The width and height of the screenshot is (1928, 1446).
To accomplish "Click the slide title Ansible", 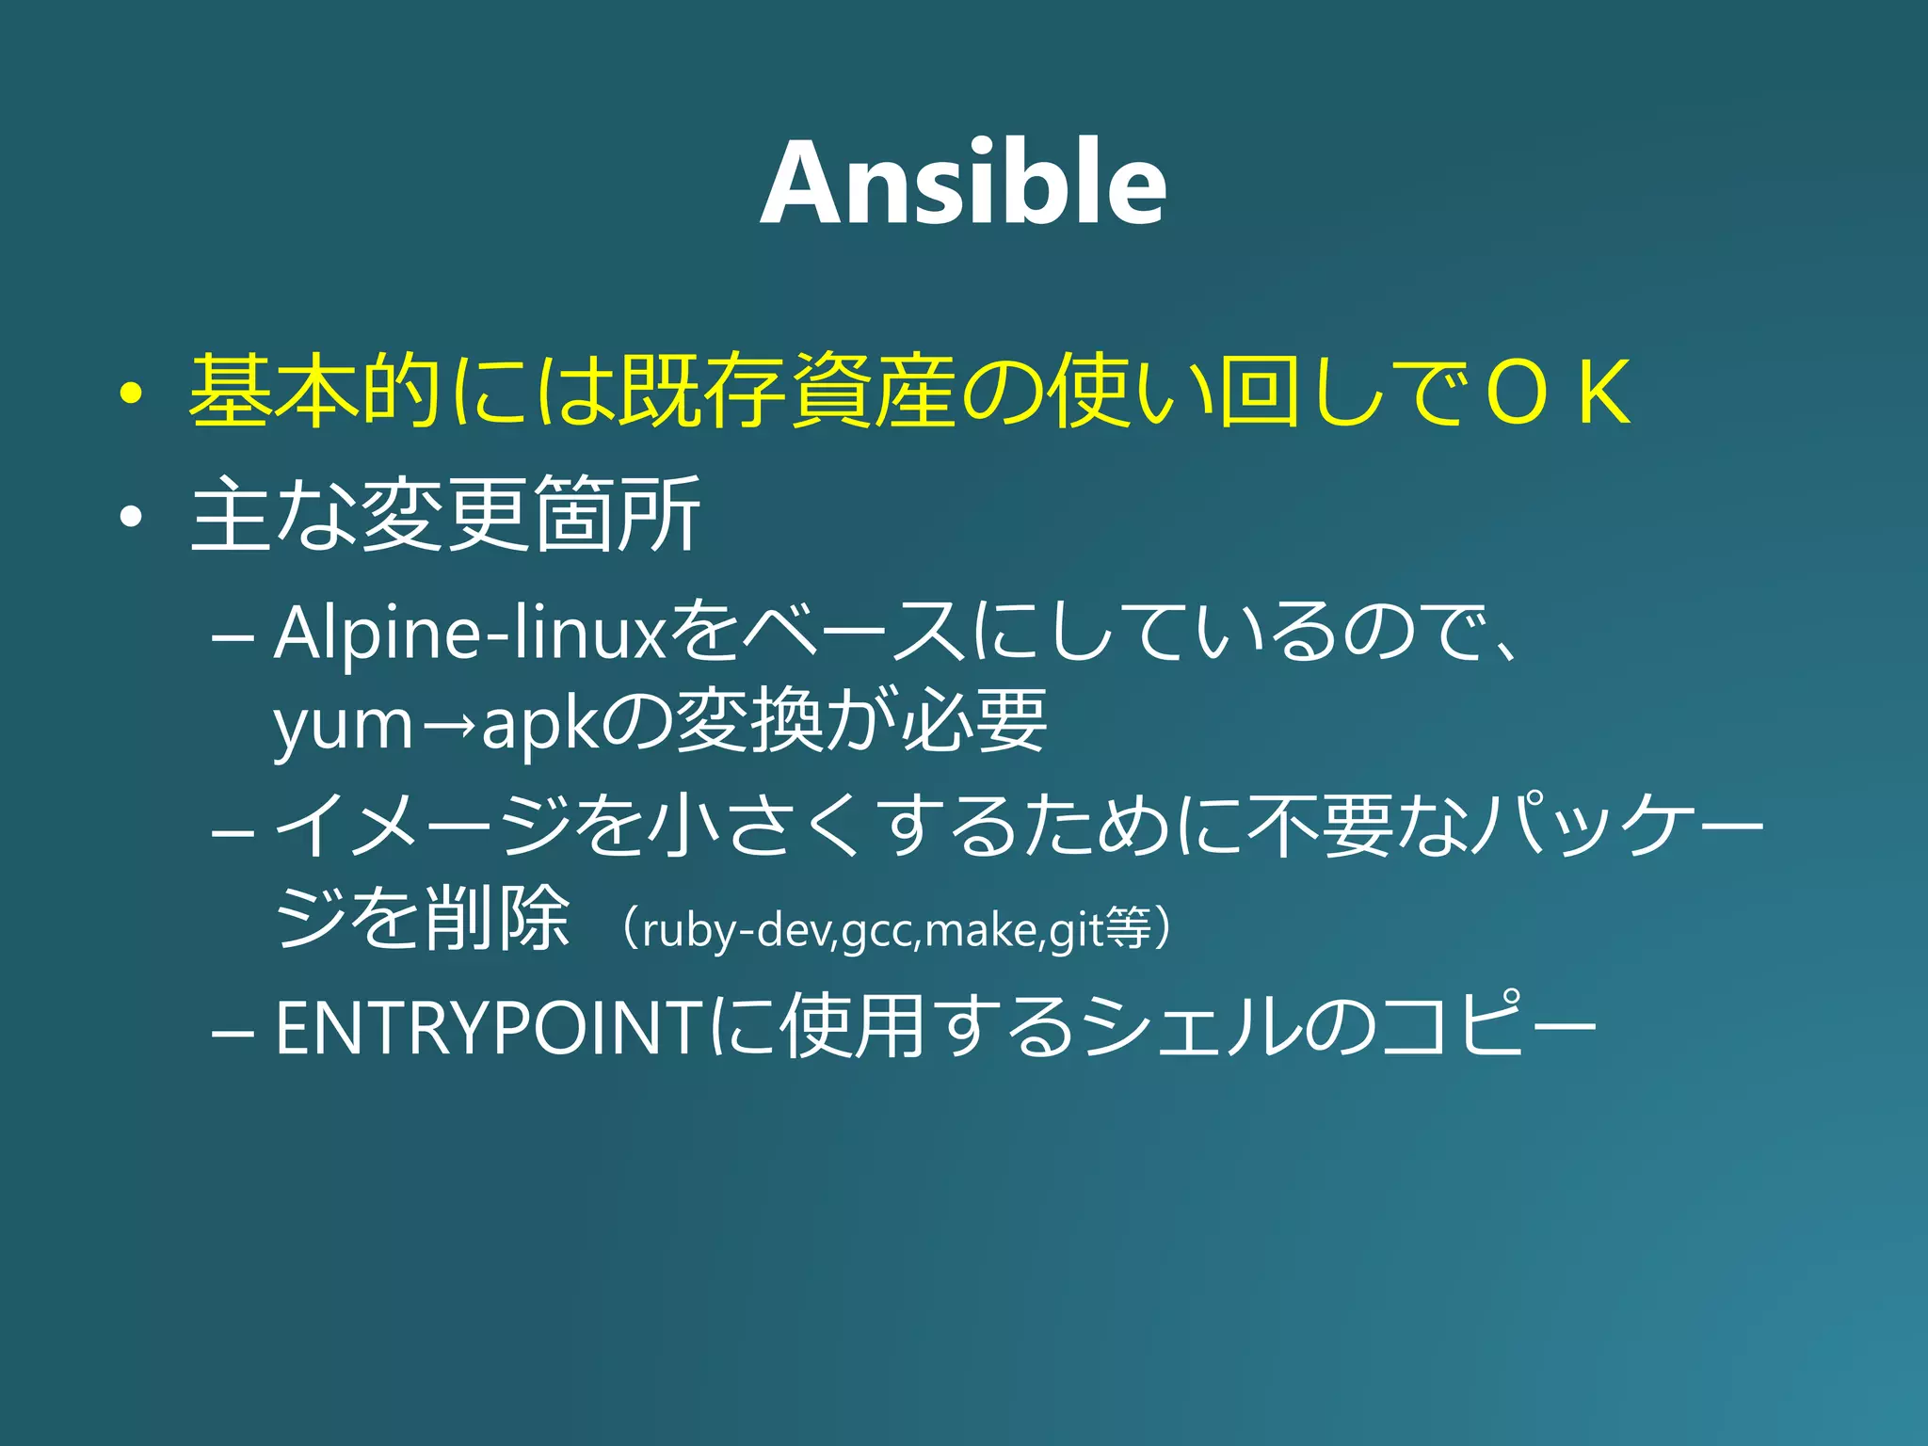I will [963, 184].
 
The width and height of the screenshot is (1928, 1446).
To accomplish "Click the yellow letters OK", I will [1558, 393].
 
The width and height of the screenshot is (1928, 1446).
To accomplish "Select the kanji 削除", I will [497, 918].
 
